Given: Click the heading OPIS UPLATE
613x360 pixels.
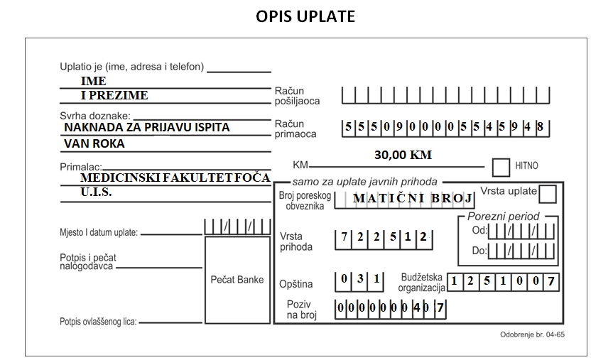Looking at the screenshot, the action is [x=305, y=16].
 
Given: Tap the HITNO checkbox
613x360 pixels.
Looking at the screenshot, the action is [x=501, y=168].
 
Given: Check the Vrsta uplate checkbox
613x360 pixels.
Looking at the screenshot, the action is [x=548, y=194].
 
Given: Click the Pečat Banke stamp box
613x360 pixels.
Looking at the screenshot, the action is [x=237, y=280].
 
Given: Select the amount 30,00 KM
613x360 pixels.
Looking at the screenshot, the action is [x=403, y=155].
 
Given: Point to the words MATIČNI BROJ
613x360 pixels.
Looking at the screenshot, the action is [x=413, y=198].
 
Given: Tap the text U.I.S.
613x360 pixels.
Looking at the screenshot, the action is [x=96, y=192].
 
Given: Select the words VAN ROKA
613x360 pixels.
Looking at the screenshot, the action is [x=94, y=144].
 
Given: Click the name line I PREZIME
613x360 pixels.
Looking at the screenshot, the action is [x=114, y=95].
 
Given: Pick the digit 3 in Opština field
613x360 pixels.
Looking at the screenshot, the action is [x=360, y=278].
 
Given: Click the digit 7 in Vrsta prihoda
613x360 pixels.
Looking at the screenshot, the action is [x=344, y=236].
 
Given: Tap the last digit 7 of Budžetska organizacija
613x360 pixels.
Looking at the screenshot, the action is [x=550, y=281].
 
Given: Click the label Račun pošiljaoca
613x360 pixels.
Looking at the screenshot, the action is [x=297, y=96].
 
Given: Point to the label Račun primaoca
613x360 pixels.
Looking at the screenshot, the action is [x=295, y=129].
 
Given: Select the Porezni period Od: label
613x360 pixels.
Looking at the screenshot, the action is [x=479, y=230].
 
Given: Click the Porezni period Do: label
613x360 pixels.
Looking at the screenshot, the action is [x=479, y=251].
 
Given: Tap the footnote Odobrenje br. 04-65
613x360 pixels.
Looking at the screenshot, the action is [x=533, y=334].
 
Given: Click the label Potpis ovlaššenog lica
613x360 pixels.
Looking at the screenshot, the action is [x=98, y=322].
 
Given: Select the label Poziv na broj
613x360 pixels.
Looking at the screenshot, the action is [x=301, y=310].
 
